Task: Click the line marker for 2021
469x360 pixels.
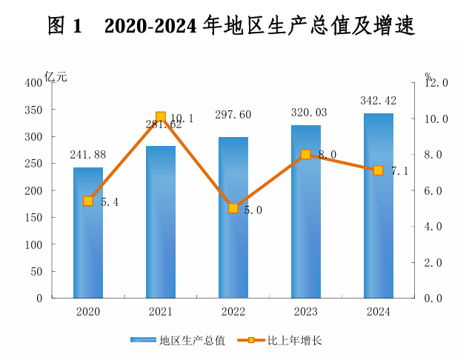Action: (161, 117)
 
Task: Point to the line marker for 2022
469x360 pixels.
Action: (233, 208)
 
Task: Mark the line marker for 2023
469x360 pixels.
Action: (305, 154)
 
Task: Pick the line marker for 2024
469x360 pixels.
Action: (378, 170)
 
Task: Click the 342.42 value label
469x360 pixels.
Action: (378, 100)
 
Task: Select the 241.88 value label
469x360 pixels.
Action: (88, 155)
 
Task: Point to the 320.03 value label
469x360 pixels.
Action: (305, 113)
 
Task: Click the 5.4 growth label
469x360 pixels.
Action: (110, 201)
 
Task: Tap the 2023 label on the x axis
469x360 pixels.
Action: (305, 312)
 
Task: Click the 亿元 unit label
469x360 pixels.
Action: (56, 75)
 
